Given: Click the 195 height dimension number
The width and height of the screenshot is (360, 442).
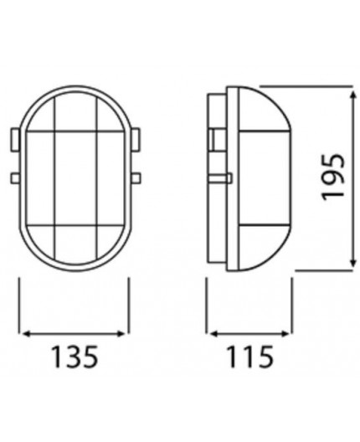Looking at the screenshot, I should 334,176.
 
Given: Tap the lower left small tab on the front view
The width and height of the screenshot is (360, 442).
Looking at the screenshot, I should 13,177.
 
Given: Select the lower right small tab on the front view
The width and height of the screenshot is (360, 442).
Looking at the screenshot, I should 134,177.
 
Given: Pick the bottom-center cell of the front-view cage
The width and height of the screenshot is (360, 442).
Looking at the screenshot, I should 74,243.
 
